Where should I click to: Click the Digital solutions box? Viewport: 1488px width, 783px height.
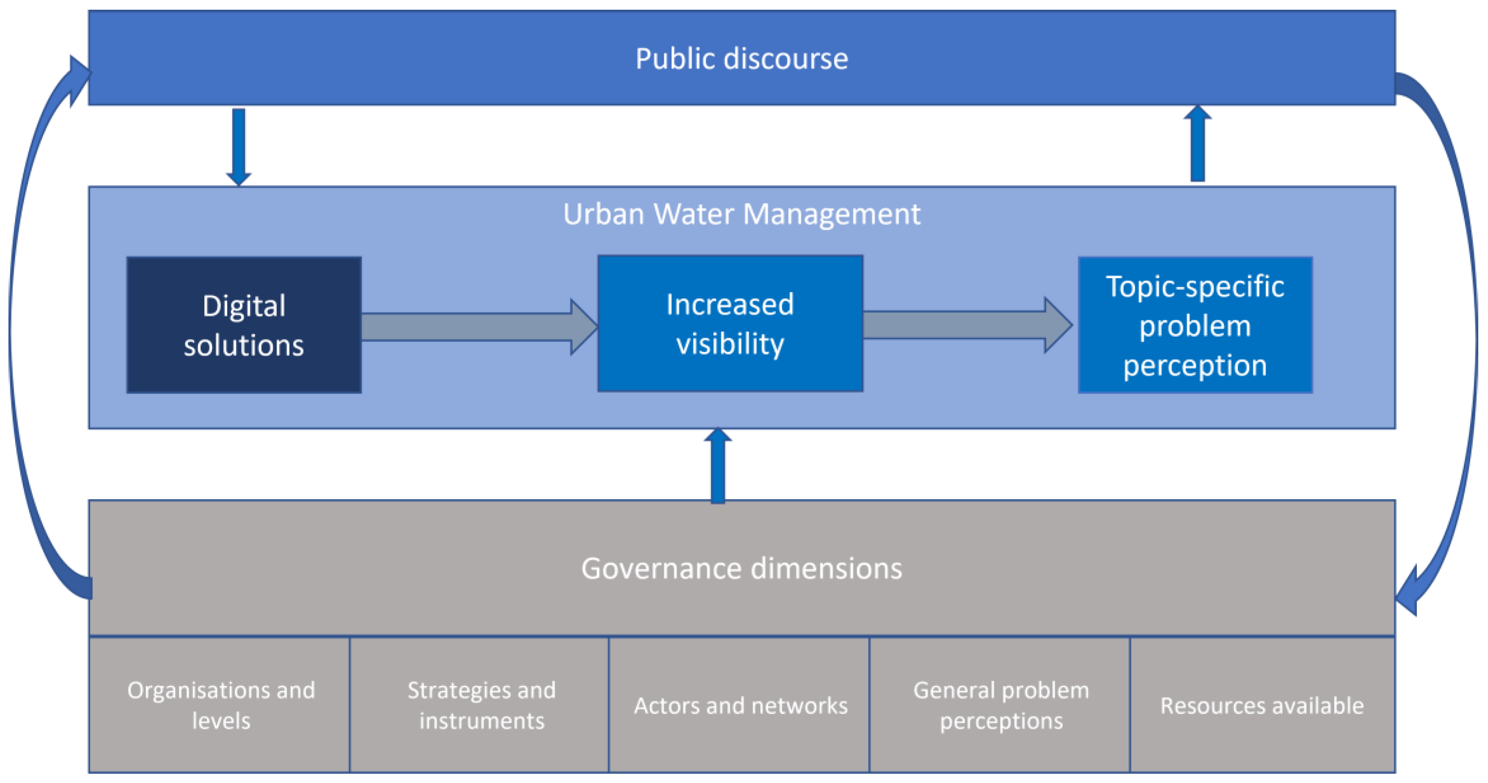(x=244, y=325)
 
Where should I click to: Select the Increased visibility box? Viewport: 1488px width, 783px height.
(x=730, y=323)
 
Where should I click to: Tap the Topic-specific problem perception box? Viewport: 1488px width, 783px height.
(x=1194, y=325)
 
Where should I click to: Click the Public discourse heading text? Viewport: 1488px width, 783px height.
(x=742, y=58)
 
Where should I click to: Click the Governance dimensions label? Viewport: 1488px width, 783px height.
(x=742, y=568)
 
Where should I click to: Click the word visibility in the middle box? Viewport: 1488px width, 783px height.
(x=730, y=344)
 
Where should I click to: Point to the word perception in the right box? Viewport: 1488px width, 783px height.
(x=1194, y=365)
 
